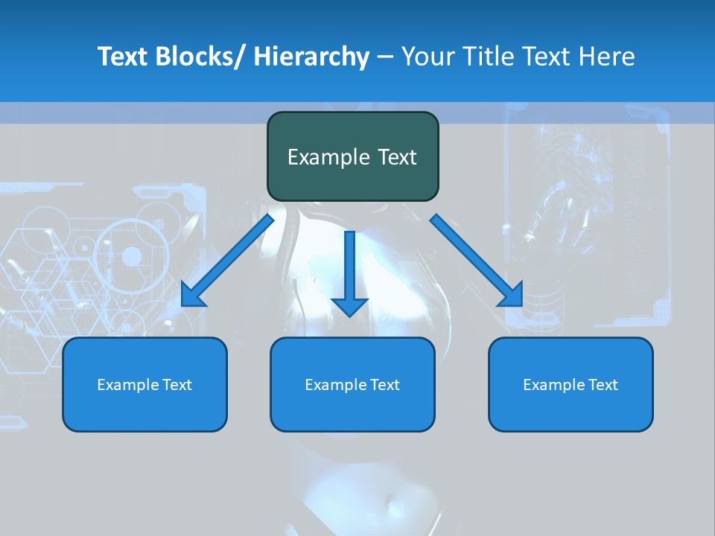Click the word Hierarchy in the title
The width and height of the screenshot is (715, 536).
(311, 57)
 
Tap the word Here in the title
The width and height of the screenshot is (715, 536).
(607, 57)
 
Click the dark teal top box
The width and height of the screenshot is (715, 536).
(352, 156)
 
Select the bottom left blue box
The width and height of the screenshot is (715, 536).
(144, 384)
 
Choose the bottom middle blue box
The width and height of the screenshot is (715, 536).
(352, 384)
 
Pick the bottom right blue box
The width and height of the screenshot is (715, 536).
(571, 384)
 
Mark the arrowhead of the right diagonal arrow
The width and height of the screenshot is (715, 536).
(512, 296)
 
